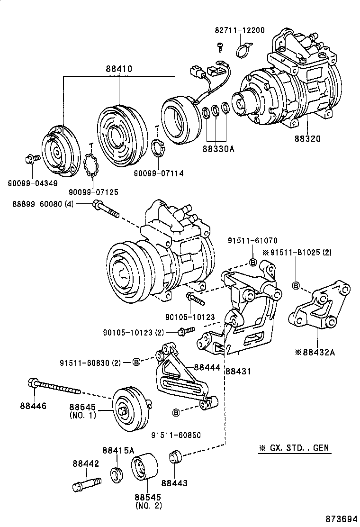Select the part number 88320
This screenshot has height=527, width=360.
(307, 139)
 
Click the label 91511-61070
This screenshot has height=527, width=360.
(252, 240)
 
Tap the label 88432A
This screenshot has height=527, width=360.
(317, 352)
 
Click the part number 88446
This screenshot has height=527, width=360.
(33, 406)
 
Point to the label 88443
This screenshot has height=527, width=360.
(174, 483)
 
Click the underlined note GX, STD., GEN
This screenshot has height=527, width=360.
(294, 448)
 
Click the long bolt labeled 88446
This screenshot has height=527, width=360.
(54, 386)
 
